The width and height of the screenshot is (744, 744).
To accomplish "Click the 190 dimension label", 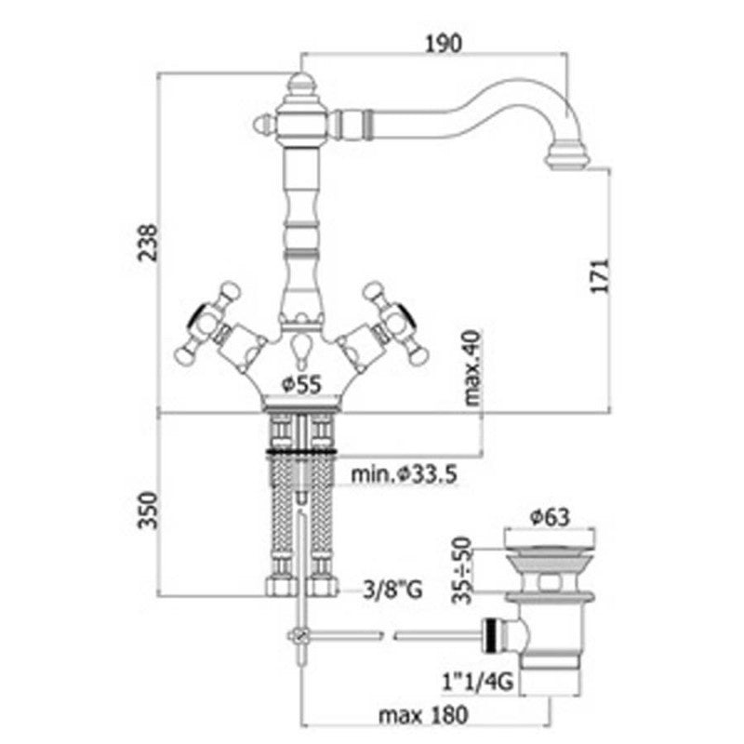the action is tap(443, 44).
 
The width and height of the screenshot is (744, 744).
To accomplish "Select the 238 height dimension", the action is tap(148, 243).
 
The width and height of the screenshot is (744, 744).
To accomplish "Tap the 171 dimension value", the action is tap(600, 276).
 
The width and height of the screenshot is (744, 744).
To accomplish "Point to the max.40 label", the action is tap(472, 367).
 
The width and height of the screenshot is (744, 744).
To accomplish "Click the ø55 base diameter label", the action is tap(301, 384).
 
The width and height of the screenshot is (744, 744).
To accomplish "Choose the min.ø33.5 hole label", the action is tap(405, 474).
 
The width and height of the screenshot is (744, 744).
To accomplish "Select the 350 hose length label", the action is tap(148, 511).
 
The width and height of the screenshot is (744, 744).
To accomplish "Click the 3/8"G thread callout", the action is tap(392, 591).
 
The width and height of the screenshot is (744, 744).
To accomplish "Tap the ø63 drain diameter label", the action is tap(550, 517).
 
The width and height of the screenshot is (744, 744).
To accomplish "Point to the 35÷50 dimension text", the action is tap(462, 570).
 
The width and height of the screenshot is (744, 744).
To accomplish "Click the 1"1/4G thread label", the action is tap(478, 683).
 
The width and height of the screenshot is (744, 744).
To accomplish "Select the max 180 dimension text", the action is tap(423, 715).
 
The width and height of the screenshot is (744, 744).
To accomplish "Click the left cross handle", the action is tap(207, 325).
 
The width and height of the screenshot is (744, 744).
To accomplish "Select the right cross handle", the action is tap(396, 325).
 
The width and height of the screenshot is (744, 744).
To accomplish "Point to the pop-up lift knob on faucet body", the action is tap(299, 351).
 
